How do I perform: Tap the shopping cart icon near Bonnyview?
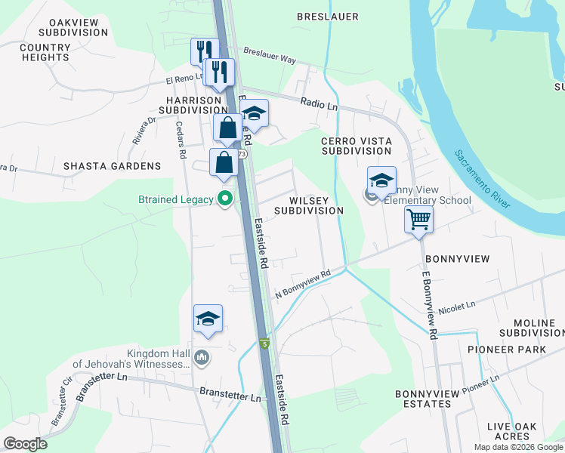click(x=418, y=220)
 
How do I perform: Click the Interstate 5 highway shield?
click(x=264, y=344)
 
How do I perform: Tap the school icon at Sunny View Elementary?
click(x=381, y=181)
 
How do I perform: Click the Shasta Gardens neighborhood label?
click(x=112, y=166)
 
